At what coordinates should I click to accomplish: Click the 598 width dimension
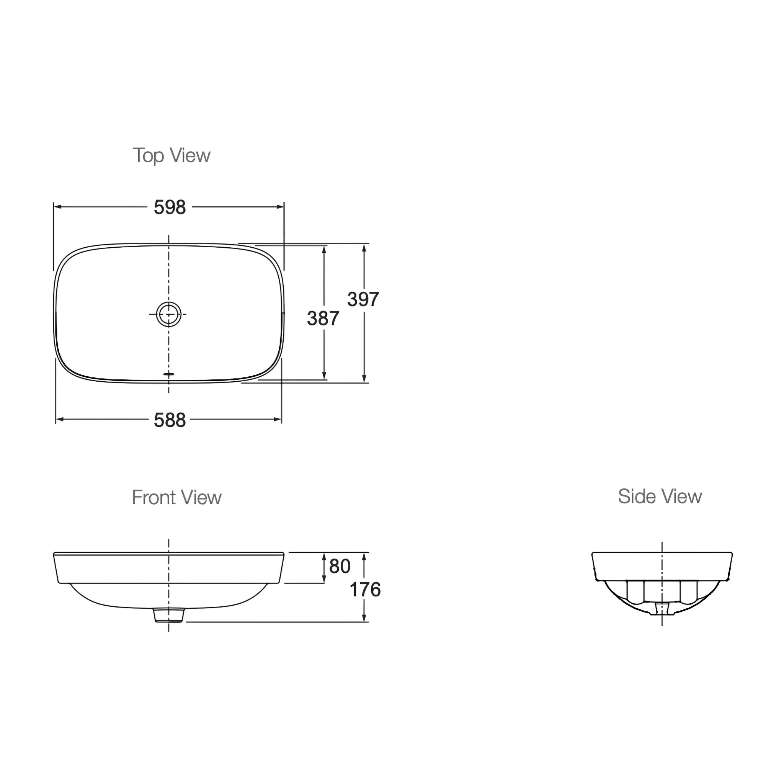coord(170,207)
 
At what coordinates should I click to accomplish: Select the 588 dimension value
coord(170,420)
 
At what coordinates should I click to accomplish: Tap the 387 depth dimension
coord(323,318)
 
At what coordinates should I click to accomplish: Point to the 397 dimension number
coord(363,299)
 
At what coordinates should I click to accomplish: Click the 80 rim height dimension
coord(340,566)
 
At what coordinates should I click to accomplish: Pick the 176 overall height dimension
coord(365,590)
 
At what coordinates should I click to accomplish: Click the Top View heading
coord(171,155)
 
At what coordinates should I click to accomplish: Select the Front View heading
coord(176,498)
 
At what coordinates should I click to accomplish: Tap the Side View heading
coord(660,496)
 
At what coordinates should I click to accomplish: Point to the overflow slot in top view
coord(168,374)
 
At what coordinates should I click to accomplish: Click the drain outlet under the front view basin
coord(169,615)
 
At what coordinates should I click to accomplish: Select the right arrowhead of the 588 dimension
coord(278,419)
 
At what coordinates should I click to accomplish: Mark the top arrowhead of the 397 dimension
coord(364,248)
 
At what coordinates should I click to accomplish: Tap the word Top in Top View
coord(148,156)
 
